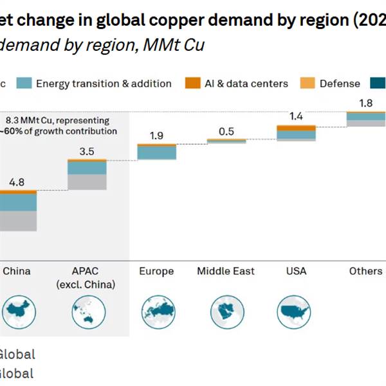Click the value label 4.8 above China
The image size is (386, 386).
pos(16,182)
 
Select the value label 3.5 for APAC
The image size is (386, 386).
pos(86,152)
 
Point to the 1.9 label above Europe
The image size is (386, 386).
pos(156,136)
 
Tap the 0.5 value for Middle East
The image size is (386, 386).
pos(226,131)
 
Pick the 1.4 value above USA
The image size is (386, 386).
pos(296,116)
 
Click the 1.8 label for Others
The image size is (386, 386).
pos(365,103)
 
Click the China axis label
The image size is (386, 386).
pos(16,271)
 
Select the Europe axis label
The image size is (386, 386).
pos(156,271)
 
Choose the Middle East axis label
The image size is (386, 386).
pos(226,271)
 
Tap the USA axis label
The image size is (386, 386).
pos(296,271)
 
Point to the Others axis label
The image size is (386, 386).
pos(365,271)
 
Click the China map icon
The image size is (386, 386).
pos(16,312)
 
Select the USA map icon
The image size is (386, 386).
pos(296,312)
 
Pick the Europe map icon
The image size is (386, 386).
pos(156,312)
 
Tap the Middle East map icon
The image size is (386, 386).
pos(226,312)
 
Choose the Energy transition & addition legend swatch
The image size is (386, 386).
pos(24,83)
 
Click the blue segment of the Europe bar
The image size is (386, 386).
pos(156,152)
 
